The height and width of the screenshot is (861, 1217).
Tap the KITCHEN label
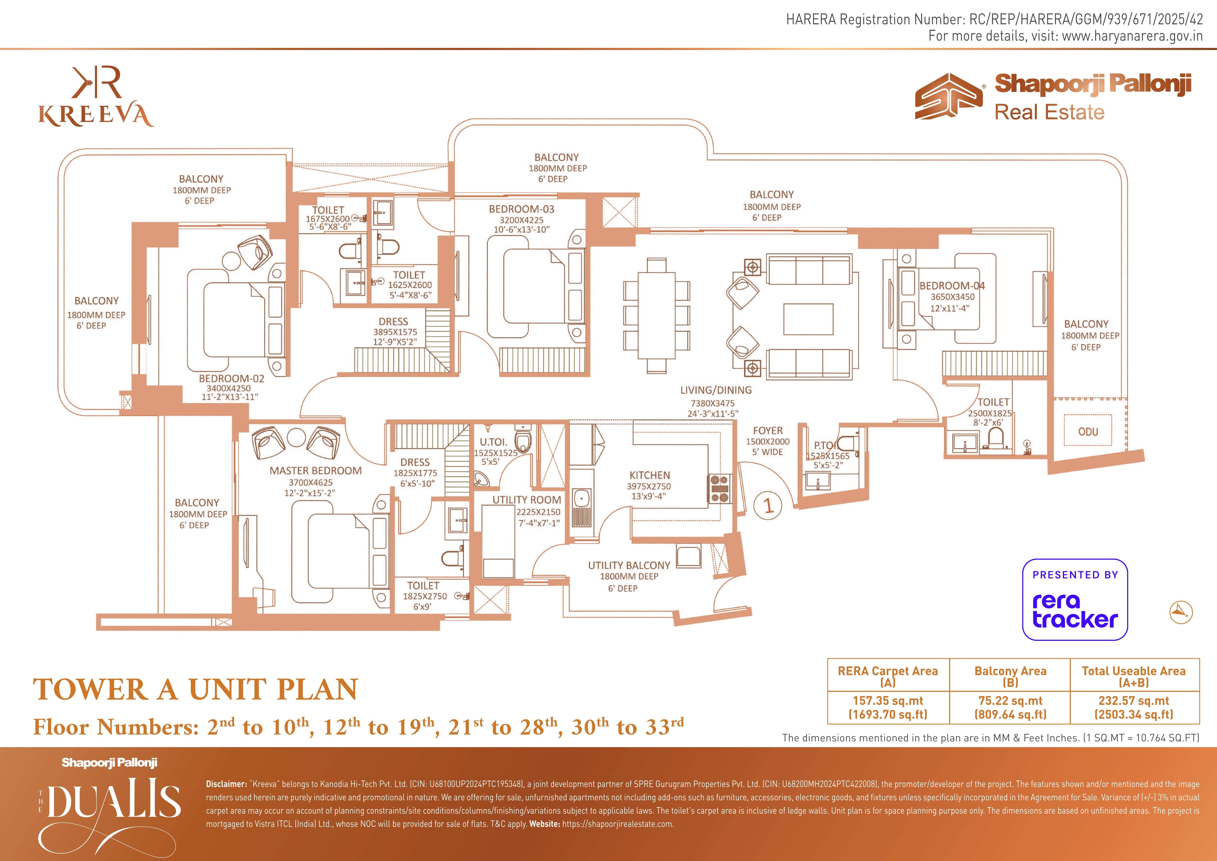coord(650,476)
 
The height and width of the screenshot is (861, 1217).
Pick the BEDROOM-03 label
coord(522,209)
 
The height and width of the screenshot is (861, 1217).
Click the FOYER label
coord(768,431)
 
